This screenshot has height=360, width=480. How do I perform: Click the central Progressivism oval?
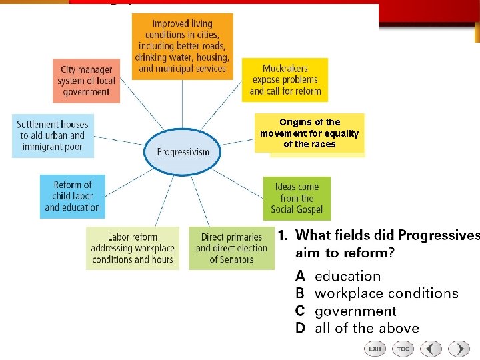pyautogui.click(x=183, y=151)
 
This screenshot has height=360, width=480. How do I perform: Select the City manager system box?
pyautogui.click(x=87, y=81)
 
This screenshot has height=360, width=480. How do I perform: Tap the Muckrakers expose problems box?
pyautogui.click(x=285, y=80)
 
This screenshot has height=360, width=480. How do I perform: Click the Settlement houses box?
pyautogui.click(x=53, y=135)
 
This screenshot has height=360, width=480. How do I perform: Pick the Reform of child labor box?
pyautogui.click(x=72, y=196)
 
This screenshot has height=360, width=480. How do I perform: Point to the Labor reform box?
pyautogui.click(x=132, y=248)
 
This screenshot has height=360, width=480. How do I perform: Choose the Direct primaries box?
pyautogui.click(x=231, y=248)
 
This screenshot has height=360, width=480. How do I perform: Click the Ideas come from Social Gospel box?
pyautogui.click(x=297, y=198)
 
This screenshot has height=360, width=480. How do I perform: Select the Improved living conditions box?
pyautogui.click(x=182, y=46)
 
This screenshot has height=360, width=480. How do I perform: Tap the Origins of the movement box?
pyautogui.click(x=309, y=133)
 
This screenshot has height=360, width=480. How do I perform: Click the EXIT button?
pyautogui.click(x=375, y=349)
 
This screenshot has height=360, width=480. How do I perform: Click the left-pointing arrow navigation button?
pyautogui.click(x=431, y=349)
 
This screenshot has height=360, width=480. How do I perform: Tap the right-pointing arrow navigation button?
pyautogui.click(x=459, y=349)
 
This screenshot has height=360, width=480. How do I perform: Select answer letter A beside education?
pyautogui.click(x=301, y=276)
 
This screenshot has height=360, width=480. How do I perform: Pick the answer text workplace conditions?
pyautogui.click(x=386, y=293)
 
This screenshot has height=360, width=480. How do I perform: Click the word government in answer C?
pyautogui.click(x=355, y=311)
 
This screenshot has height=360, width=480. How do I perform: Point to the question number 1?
pyautogui.click(x=283, y=235)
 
